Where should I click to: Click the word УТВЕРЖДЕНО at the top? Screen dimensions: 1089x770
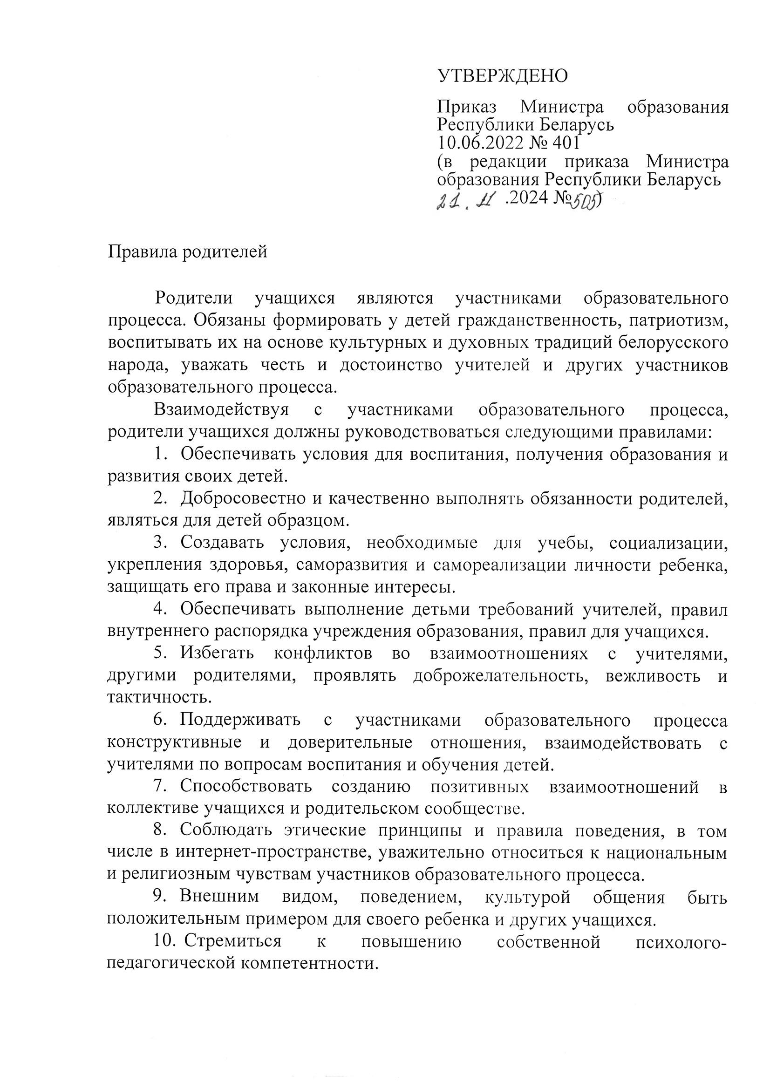click(503, 76)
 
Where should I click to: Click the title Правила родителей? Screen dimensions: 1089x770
click(187, 252)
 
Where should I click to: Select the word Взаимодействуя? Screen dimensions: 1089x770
click(222, 410)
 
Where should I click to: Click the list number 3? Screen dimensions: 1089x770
click(158, 543)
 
